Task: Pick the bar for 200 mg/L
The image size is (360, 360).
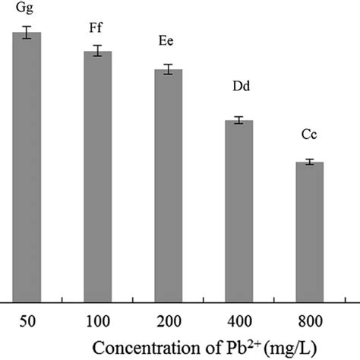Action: click(x=168, y=185)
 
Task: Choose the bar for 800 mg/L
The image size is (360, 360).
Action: click(x=310, y=232)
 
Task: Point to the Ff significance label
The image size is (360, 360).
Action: click(x=95, y=29)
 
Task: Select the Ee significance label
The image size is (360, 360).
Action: click(x=165, y=46)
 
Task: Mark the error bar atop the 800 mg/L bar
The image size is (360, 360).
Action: click(x=310, y=162)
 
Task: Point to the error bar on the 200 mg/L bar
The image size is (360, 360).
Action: click(x=168, y=69)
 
